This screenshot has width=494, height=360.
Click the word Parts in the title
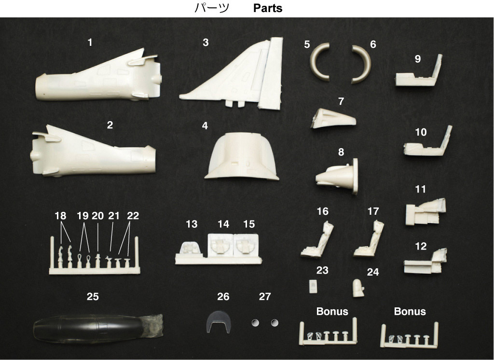click(267, 8)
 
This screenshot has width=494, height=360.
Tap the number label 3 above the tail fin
click(206, 42)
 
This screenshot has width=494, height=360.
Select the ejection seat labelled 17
click(369, 239)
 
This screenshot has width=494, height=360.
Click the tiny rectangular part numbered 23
click(313, 287)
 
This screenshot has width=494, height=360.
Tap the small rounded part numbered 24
click(358, 288)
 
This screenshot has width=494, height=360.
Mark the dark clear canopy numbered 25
click(97, 328)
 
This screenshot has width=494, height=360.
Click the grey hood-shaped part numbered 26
click(219, 321)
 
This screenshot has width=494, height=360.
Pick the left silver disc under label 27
click(255, 323)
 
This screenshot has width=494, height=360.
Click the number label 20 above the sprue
click(97, 216)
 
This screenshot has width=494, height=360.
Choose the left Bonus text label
click(332, 311)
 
